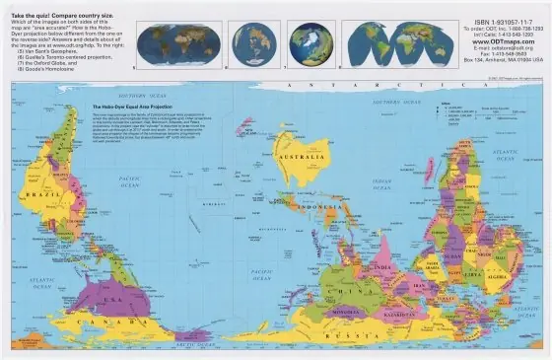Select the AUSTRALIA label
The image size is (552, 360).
click(295, 157)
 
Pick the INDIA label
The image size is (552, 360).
click(382, 266)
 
